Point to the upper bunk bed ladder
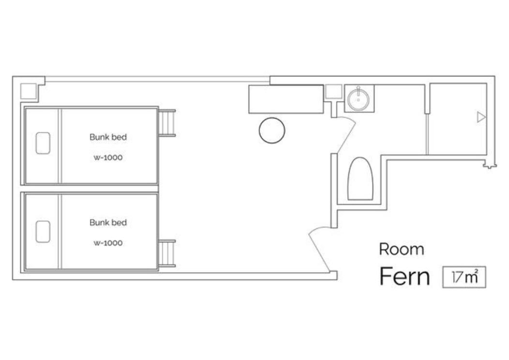click(x=167, y=123)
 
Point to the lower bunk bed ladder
click(x=167, y=253)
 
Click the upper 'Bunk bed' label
click(x=108, y=137)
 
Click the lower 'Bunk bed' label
click(x=108, y=223)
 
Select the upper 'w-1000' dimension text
click(x=108, y=157)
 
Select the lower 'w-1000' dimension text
click(x=108, y=243)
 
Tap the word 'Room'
click(x=402, y=249)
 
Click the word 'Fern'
click(x=404, y=276)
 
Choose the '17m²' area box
click(x=464, y=277)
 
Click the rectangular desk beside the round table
click(x=286, y=99)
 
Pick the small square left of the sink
click(x=334, y=91)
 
